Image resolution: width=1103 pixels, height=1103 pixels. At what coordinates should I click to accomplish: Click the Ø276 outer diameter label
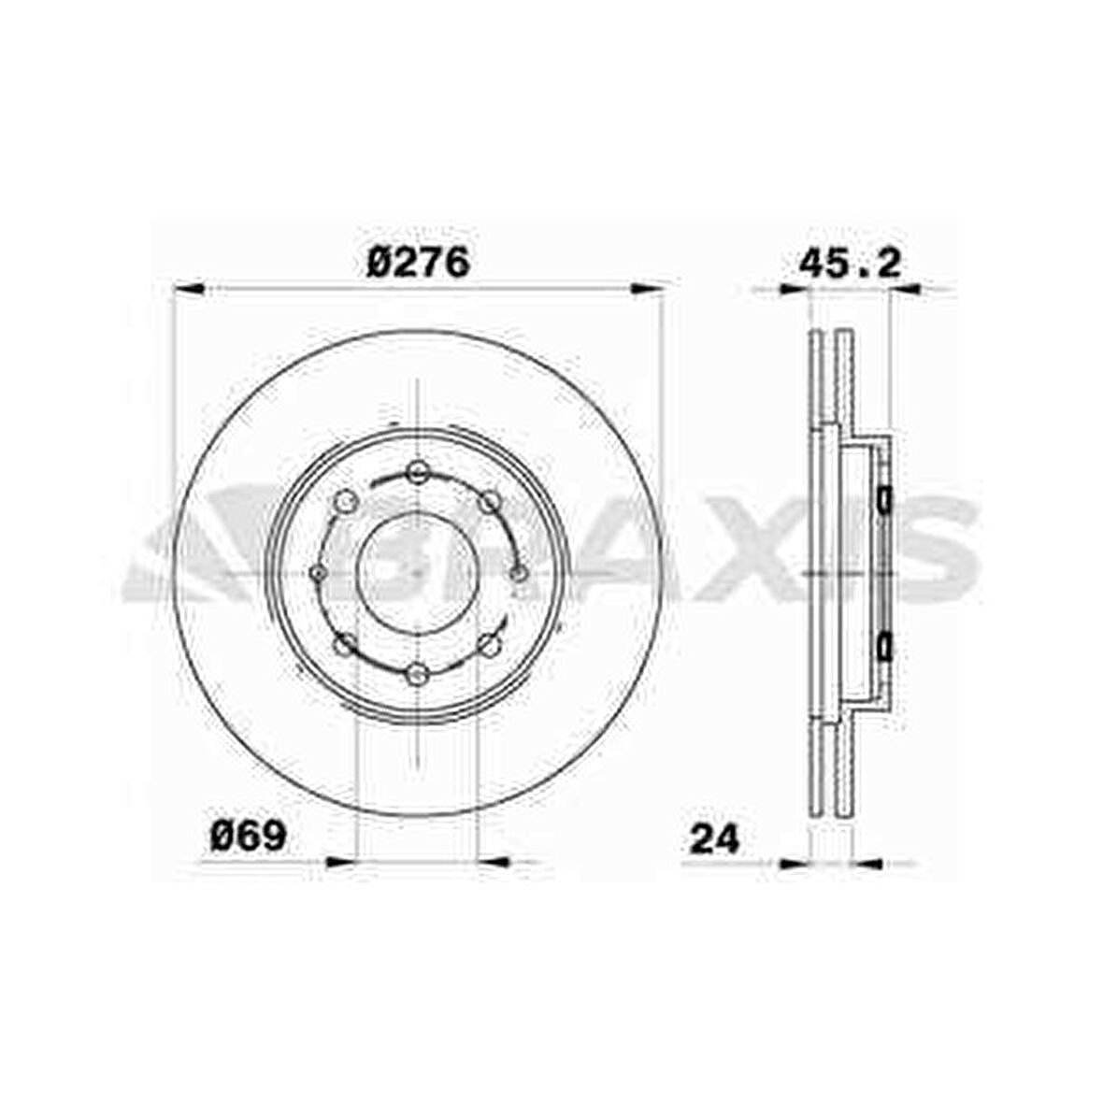(417, 264)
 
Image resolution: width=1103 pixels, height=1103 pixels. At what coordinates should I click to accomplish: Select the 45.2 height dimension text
(849, 264)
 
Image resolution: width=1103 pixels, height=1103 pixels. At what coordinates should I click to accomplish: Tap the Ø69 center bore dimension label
(248, 837)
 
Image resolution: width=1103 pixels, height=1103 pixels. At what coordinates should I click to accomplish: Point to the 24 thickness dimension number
(714, 838)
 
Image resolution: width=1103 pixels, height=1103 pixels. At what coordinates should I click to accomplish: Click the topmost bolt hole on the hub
(418, 472)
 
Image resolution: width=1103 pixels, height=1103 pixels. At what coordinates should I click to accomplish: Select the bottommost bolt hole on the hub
(418, 672)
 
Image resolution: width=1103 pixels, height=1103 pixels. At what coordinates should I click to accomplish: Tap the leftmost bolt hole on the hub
(318, 572)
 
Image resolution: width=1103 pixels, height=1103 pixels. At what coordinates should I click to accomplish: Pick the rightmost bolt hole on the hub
(518, 572)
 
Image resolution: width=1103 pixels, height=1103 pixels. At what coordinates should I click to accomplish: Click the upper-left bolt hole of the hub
(346, 502)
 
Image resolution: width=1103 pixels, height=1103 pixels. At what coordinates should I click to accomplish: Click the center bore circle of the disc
(418, 572)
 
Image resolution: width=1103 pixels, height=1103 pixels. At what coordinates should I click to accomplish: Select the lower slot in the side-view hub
(884, 645)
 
